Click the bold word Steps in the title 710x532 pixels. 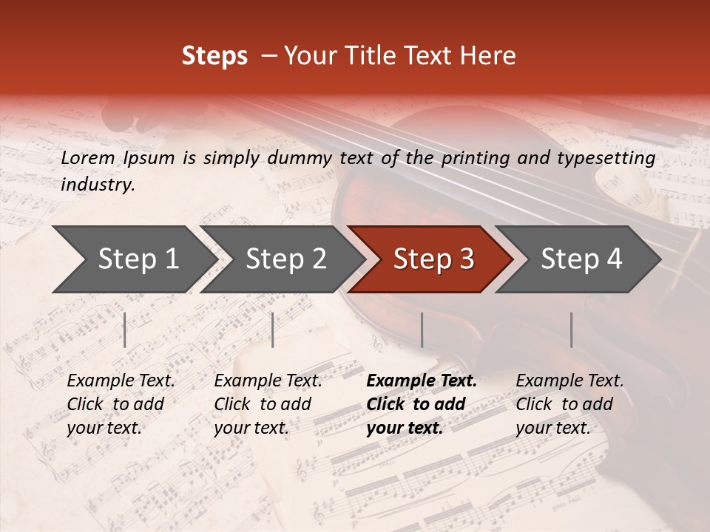(214, 56)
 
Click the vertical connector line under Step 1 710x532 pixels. (125, 330)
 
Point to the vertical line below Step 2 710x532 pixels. (273, 330)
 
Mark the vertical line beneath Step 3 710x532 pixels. (422, 330)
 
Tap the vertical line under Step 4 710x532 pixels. (571, 330)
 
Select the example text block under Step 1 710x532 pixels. (121, 404)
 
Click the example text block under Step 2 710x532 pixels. (268, 404)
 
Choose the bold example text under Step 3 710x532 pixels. (422, 404)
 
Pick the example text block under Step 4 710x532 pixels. (569, 404)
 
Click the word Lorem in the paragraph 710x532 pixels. (88, 158)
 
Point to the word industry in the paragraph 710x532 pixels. (98, 185)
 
